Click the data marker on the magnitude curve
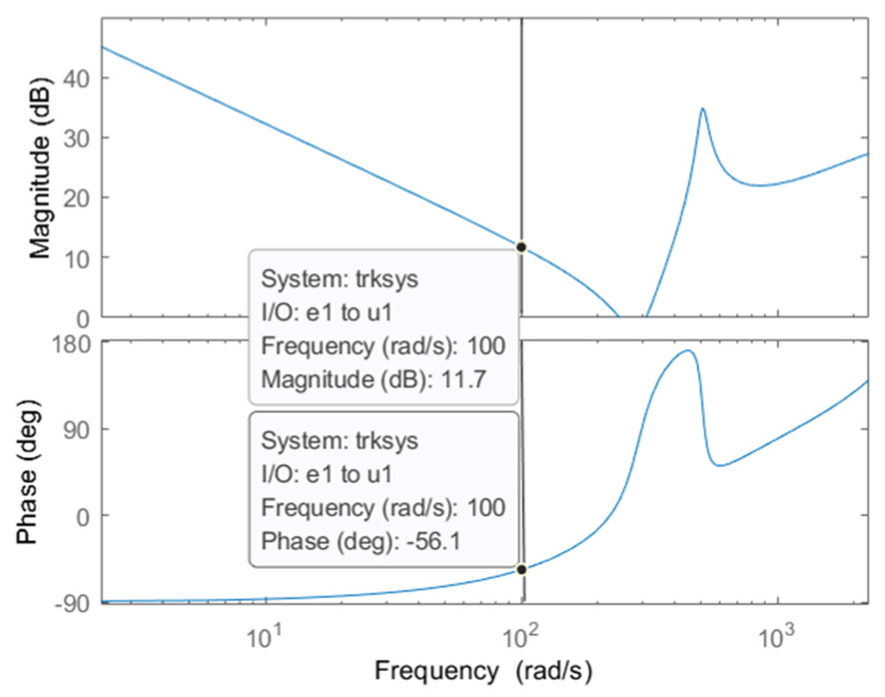[521, 247]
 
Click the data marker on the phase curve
[521, 569]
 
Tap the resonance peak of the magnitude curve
[703, 109]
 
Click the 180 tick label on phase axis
[72, 345]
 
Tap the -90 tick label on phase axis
[72, 604]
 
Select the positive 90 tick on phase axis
[77, 430]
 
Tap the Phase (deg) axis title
[27, 472]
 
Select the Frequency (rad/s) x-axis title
[483, 671]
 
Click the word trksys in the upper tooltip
[387, 279]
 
